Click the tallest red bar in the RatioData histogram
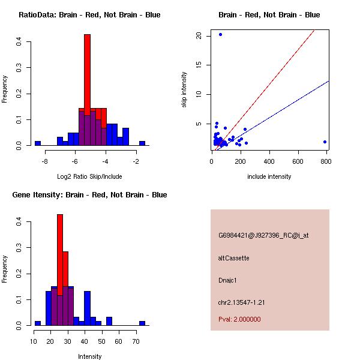pos(87,72)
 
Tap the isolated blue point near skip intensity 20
pos(220,35)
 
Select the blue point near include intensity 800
pos(325,142)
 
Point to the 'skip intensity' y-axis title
pos(184,90)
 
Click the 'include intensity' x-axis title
pos(269,176)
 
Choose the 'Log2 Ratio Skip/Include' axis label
pos(89,176)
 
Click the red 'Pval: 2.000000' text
pos(239,319)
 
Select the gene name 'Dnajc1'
pos(228,280)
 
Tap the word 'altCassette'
pos(233,258)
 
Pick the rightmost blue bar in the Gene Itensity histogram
pos(142,323)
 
